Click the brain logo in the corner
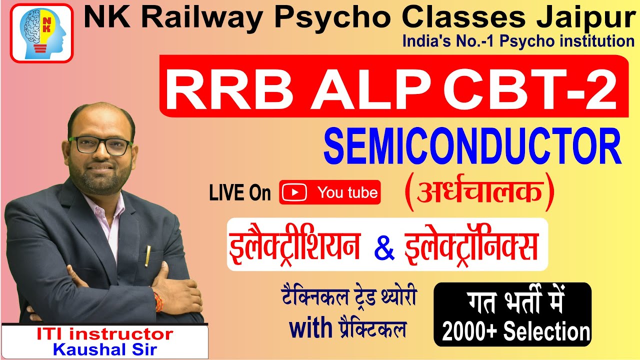click(42, 33)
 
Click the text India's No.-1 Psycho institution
click(518, 41)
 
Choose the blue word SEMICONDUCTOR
click(472, 147)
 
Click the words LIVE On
click(240, 193)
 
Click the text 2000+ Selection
click(516, 331)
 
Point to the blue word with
click(310, 328)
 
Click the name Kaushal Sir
click(104, 349)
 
